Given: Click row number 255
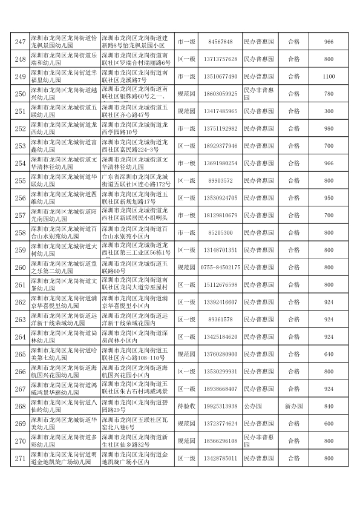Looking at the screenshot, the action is [x=20, y=180].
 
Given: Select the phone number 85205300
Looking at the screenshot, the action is [x=220, y=232].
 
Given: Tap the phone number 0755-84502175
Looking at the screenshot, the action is [x=220, y=267].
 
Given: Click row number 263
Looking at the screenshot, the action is [x=20, y=320].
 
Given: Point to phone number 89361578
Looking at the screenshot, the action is [x=220, y=320].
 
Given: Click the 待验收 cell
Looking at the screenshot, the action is [x=186, y=406].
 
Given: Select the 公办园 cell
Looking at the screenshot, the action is [x=259, y=406].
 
